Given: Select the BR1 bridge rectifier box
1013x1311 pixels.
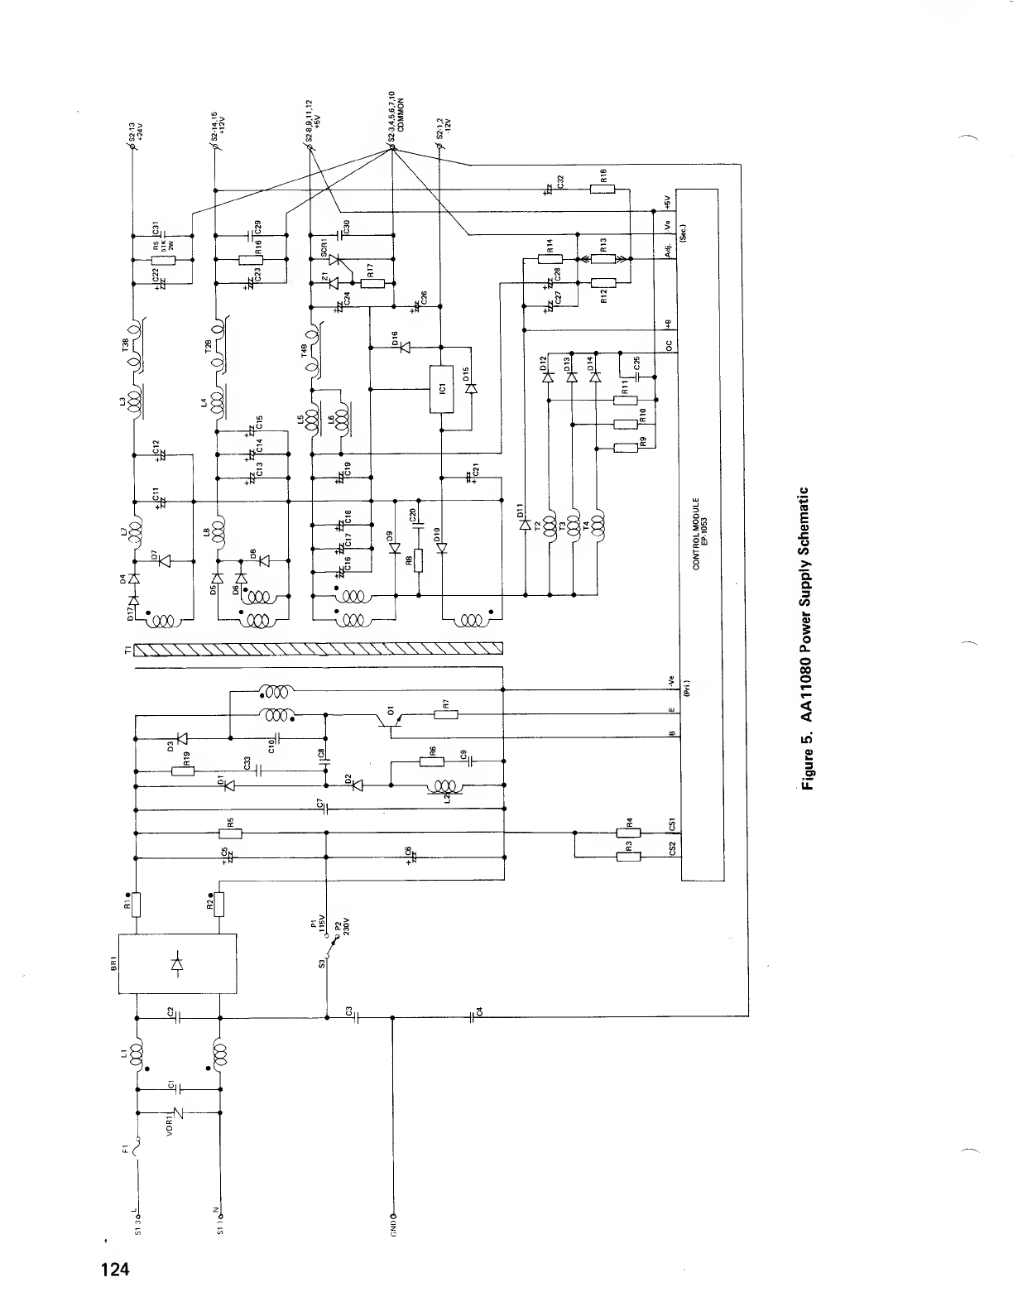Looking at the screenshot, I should tap(177, 963).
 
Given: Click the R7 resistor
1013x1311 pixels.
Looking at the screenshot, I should tap(445, 715).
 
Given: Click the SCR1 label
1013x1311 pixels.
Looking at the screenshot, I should tap(324, 246).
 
